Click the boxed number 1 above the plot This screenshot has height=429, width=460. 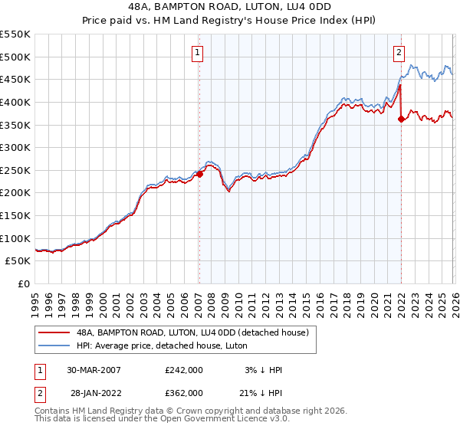pos(198,53)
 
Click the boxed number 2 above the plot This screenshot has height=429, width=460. pos(399,53)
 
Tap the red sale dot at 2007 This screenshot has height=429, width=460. pos(199,174)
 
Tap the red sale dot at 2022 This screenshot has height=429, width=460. pos(401,119)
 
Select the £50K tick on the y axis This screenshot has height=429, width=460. pos(18,261)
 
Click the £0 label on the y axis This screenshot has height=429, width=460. pos(23,283)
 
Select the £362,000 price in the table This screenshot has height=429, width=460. pos(183,392)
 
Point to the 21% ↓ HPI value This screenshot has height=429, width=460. pos(262,392)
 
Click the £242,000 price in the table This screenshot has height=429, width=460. pos(183,370)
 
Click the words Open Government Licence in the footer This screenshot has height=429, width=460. pos(214,420)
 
